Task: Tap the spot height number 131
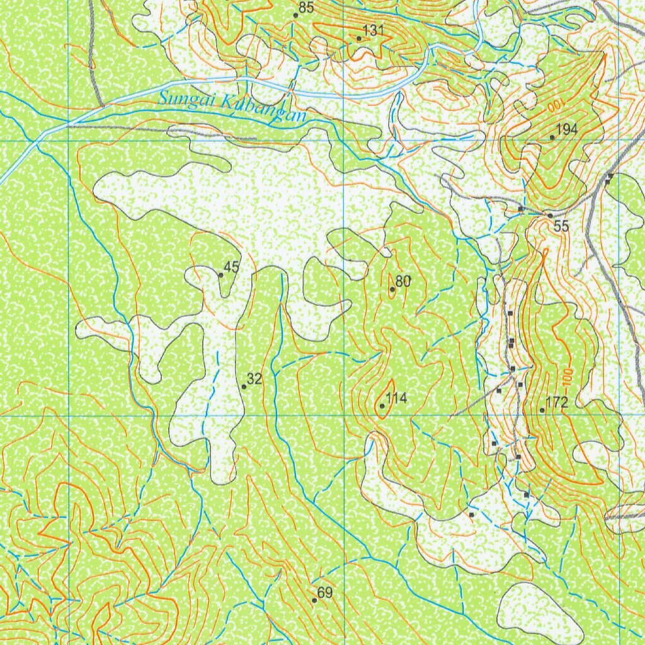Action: [x=374, y=31]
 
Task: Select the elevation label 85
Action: [x=306, y=8]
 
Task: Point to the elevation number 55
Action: [x=561, y=226]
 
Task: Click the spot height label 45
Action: [x=232, y=267]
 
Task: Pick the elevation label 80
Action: [x=403, y=282]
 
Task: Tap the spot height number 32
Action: [x=254, y=379]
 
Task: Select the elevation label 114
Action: [x=397, y=398]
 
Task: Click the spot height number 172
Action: [x=557, y=402]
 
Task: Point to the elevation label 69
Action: [x=325, y=593]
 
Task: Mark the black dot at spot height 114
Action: [x=382, y=406]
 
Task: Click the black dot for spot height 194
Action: [x=552, y=137]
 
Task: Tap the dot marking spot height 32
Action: [x=244, y=386]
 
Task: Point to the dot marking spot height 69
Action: [x=314, y=600]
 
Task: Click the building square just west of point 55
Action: [x=520, y=208]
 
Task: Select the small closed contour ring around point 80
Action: [x=392, y=285]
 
